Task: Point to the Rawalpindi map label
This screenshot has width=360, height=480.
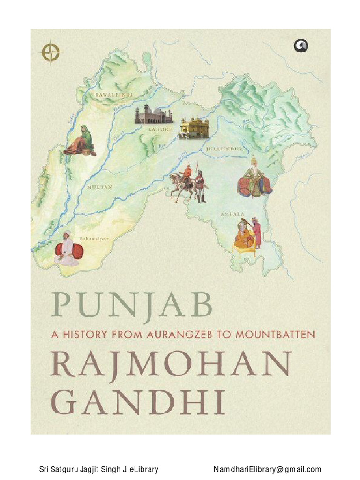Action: [x=114, y=95]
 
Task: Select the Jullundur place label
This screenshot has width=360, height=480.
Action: [x=224, y=149]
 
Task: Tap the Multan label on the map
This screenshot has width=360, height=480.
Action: [x=99, y=187]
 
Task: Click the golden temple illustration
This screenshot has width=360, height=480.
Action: [x=195, y=127]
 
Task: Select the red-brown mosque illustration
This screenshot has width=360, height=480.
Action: [x=153, y=114]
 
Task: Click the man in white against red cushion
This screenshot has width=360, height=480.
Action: [x=67, y=250]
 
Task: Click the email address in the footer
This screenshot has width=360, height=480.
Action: [x=267, y=469]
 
